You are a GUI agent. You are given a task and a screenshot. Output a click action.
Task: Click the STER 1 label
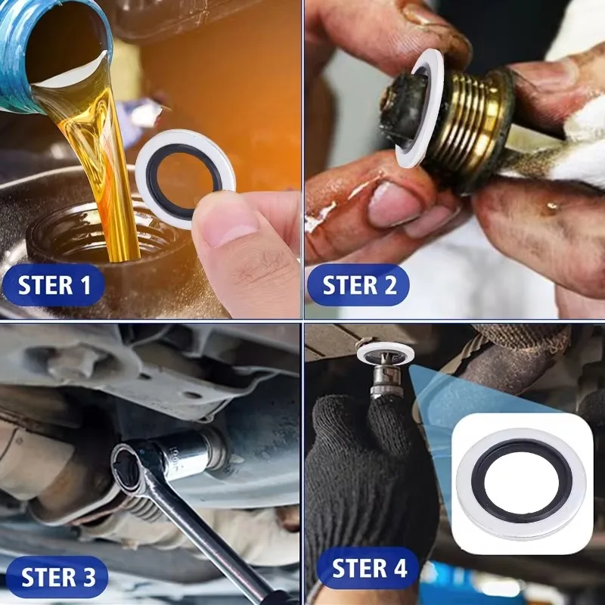pos(54,285)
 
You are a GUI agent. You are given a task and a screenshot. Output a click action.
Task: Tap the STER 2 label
pos(358,285)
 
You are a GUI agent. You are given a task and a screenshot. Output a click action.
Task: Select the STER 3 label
pos(57,577)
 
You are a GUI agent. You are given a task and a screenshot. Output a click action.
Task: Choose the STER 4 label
pos(369,568)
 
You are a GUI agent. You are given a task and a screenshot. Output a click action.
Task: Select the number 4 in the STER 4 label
pos(399,568)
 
